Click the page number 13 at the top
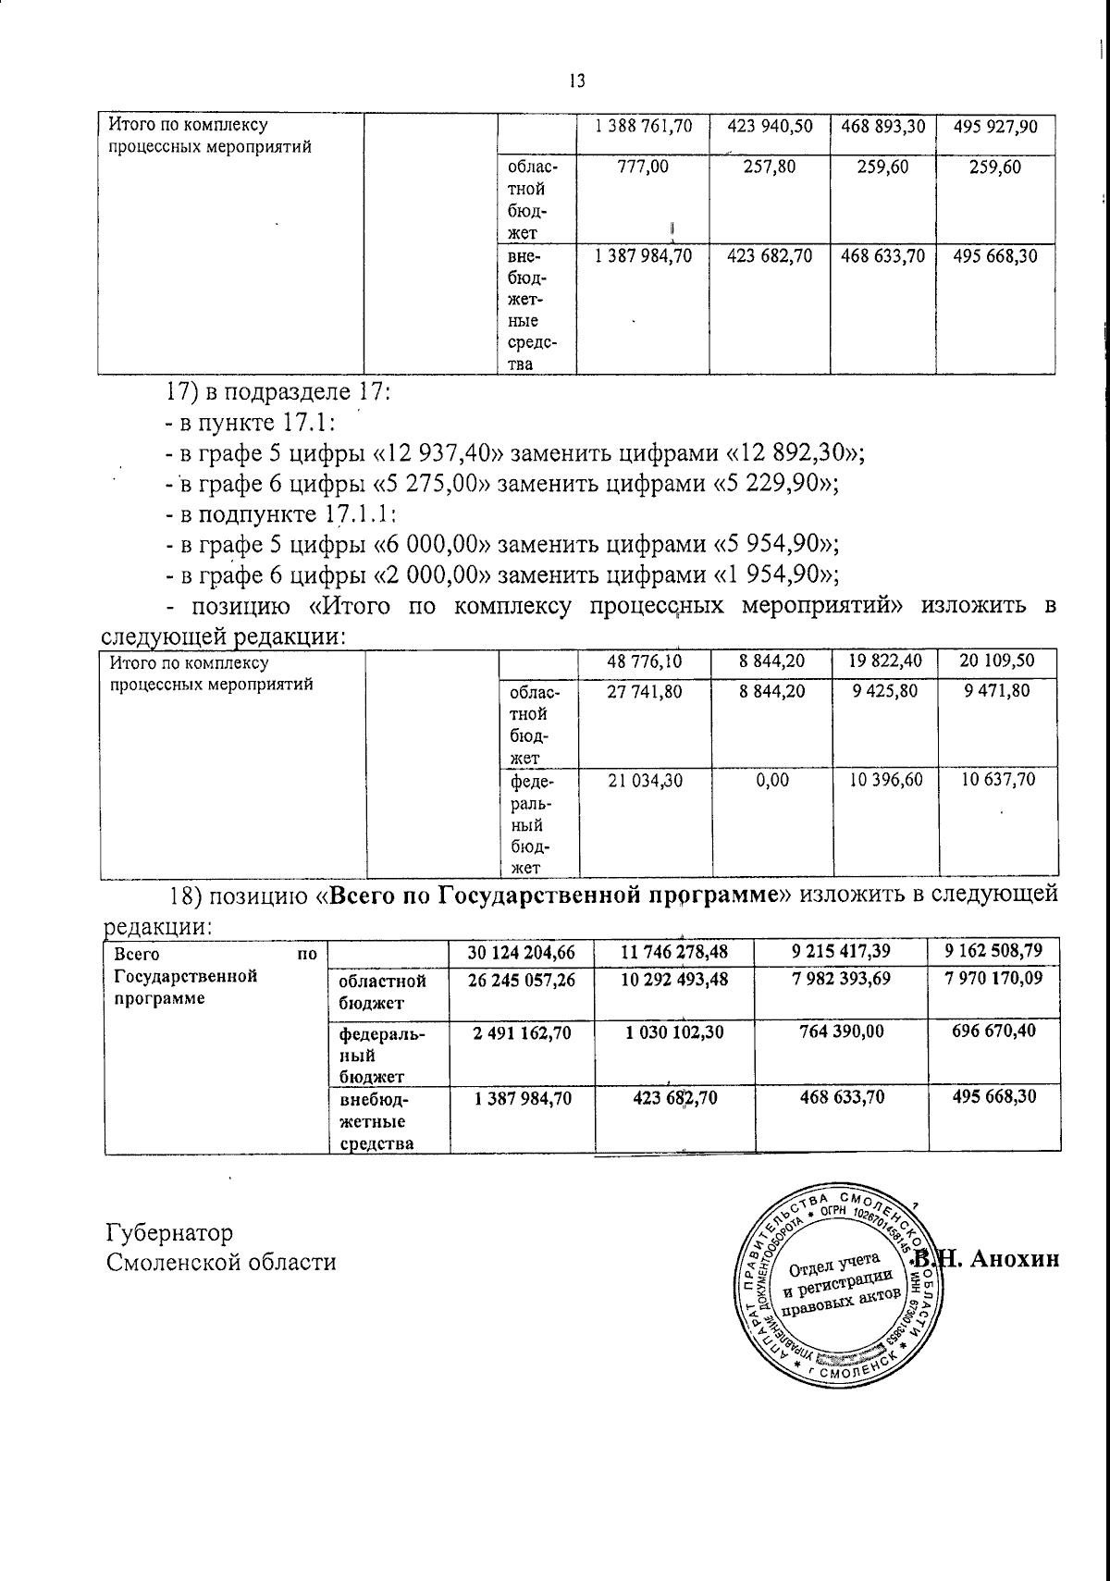point(576,81)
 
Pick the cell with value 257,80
point(769,168)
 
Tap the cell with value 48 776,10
point(644,662)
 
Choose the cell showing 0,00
point(771,780)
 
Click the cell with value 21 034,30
point(644,780)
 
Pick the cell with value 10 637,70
point(998,780)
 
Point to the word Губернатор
point(170,1233)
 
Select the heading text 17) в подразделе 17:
point(278,392)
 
